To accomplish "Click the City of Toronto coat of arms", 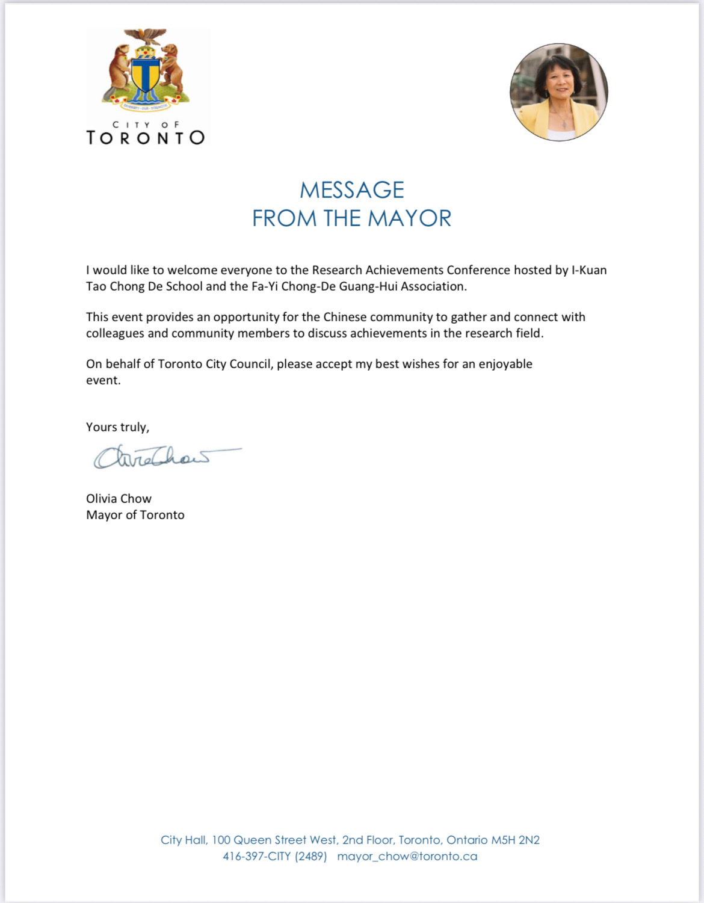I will [x=145, y=70].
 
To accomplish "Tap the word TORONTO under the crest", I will [x=146, y=138].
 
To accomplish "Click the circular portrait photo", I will [x=559, y=92].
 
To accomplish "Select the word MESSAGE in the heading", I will [x=352, y=190].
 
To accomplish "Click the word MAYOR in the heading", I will [x=409, y=218].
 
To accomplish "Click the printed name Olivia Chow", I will [x=119, y=499].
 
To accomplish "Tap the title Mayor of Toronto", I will [x=135, y=515].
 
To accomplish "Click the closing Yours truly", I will [x=117, y=427].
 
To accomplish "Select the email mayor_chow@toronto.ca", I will [x=407, y=856].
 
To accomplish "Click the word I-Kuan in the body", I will [x=589, y=270].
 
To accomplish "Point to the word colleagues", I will [x=115, y=333].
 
